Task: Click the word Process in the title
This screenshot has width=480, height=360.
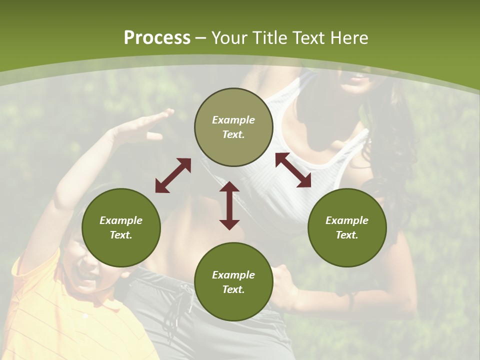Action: tap(157, 38)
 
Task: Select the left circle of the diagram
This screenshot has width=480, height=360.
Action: tap(121, 227)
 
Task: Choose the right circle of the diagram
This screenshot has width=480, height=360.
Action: tap(347, 227)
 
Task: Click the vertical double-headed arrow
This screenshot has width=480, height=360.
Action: tap(229, 205)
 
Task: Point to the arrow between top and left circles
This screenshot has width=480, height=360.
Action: tap(173, 175)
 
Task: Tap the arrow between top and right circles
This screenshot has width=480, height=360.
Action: tap(293, 170)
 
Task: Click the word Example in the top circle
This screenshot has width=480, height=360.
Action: tap(233, 120)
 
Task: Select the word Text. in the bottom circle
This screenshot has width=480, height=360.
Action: tap(233, 289)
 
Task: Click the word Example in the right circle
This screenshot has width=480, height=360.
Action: tap(347, 220)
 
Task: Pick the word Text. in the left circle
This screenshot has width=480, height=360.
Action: tap(121, 235)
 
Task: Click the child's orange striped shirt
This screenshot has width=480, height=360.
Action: tap(55, 315)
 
